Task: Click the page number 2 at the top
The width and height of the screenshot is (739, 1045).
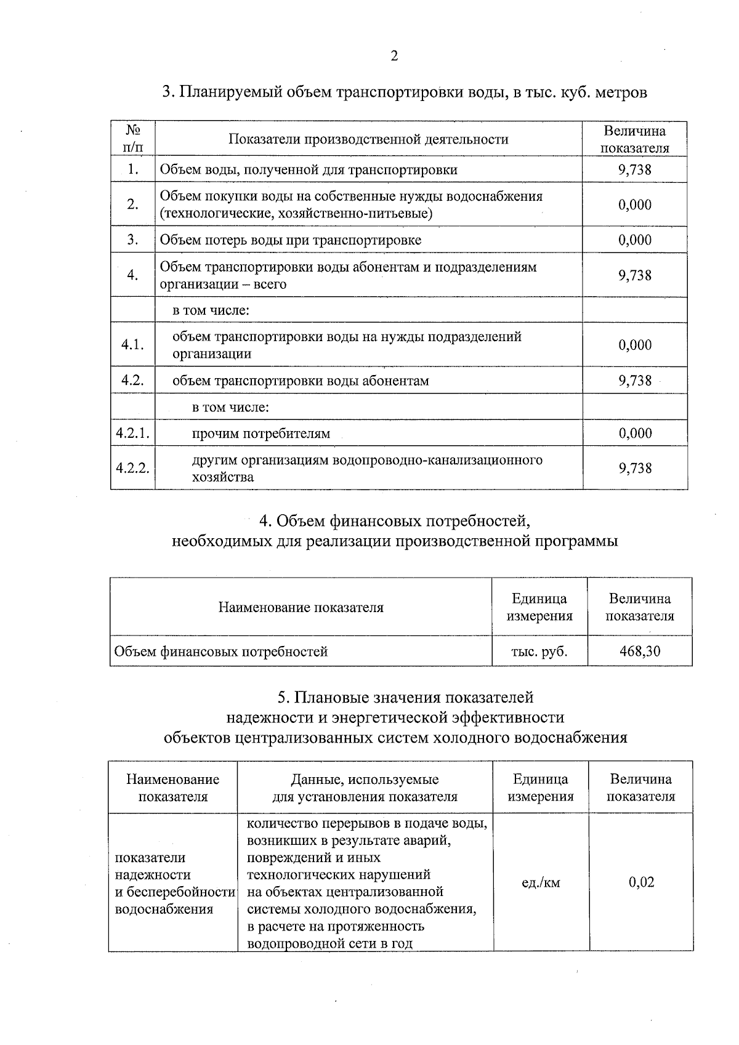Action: coord(394,57)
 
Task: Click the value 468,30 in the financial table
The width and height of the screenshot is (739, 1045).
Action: coord(640,651)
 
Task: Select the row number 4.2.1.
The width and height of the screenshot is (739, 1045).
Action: coord(132,433)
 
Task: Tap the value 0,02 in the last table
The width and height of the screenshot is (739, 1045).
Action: coord(641,882)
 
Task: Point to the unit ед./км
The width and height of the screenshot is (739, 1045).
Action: coord(541,882)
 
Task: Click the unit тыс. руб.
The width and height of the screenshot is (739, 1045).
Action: coord(539,651)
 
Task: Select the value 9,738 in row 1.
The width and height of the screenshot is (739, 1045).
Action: coord(635,169)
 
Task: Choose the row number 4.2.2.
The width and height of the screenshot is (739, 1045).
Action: coord(132,468)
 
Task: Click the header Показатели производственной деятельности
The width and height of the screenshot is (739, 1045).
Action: coord(368,139)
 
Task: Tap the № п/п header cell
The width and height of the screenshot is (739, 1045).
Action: coord(132,139)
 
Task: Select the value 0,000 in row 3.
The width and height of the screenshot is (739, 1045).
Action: coord(635,240)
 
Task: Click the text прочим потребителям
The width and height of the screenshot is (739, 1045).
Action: coord(261,434)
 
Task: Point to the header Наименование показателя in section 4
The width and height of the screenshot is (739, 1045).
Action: coord(301,608)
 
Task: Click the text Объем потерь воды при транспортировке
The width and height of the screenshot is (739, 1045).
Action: coord(291,240)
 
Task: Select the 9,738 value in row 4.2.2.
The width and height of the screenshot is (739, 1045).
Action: coord(635,468)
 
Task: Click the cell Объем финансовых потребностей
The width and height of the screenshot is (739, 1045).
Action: coord(222,652)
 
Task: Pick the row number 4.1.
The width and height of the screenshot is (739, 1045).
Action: coord(132,345)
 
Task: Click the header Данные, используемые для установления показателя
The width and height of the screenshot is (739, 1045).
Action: coord(365,788)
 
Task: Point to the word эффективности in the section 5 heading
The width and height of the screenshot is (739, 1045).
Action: coord(507,717)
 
